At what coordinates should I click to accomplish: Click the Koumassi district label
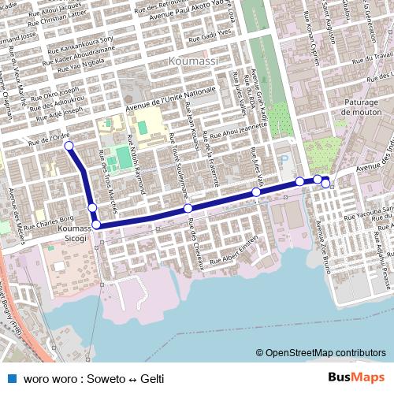pos(192,60)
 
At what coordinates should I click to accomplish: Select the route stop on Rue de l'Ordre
pos(69,146)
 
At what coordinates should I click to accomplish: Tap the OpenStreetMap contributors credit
pos(325,353)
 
